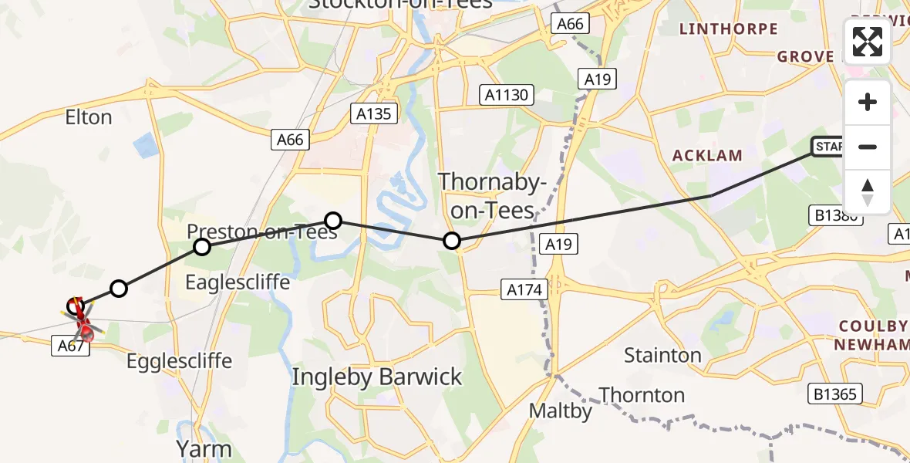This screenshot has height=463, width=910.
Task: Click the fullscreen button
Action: tap(868, 42)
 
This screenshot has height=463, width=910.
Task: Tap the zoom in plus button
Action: tap(868, 102)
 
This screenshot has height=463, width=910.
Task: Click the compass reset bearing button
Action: tap(868, 192)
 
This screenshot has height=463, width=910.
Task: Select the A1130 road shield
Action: tap(507, 95)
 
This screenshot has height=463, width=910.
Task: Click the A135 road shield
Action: tap(374, 114)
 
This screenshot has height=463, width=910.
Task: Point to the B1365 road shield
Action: tap(834, 394)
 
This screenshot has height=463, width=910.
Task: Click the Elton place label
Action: tap(89, 117)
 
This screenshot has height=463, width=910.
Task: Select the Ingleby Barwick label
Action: tap(377, 377)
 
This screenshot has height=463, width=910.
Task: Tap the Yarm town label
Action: tap(204, 448)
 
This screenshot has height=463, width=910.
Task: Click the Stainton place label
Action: tap(662, 356)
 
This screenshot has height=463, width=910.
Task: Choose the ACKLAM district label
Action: tap(707, 155)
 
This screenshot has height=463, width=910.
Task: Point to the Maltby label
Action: tap(561, 411)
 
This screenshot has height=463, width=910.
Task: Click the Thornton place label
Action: tap(642, 395)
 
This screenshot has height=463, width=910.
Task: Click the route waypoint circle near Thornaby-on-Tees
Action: tap(453, 242)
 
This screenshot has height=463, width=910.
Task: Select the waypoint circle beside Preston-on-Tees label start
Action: tap(202, 247)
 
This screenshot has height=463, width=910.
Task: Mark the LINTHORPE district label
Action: tap(727, 29)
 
